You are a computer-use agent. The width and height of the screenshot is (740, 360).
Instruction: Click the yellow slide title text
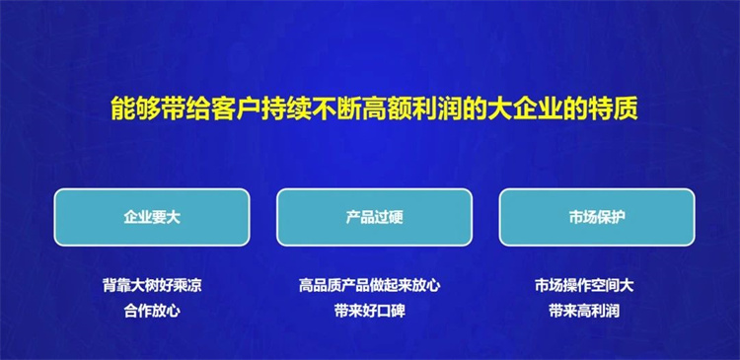[x=374, y=109]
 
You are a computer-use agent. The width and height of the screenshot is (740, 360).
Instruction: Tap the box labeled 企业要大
[x=152, y=218]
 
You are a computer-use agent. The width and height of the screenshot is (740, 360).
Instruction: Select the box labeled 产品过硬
[x=374, y=218]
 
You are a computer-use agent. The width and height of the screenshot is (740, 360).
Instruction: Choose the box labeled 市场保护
[x=597, y=218]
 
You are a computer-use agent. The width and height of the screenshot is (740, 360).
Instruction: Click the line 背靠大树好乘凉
[x=152, y=286]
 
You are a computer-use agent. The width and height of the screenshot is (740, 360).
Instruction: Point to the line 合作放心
[x=152, y=312]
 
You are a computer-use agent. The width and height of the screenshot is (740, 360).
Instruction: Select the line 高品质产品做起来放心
[x=370, y=286]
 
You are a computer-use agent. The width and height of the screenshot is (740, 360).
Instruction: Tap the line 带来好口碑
[x=370, y=312]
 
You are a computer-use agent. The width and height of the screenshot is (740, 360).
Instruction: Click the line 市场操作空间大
[x=584, y=286]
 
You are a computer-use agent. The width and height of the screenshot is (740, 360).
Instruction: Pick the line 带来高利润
[x=584, y=312]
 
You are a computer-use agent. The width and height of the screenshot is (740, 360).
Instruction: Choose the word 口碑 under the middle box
[x=392, y=312]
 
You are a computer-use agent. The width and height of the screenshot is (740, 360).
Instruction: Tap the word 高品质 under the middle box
[x=320, y=286]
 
